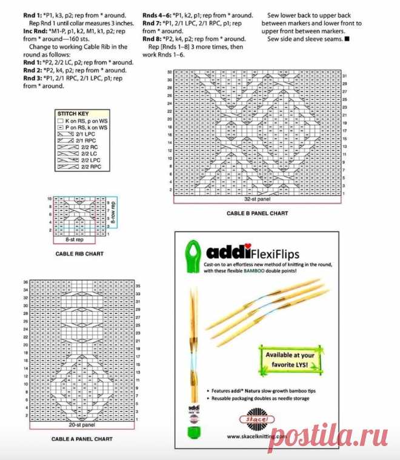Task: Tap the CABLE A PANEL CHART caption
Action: (x=81, y=439)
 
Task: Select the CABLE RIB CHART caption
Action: (x=79, y=253)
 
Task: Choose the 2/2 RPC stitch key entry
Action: (x=75, y=166)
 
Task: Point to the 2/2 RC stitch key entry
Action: (x=75, y=147)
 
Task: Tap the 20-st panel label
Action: (x=81, y=425)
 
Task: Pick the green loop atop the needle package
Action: (x=193, y=251)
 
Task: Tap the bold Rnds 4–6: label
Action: (x=157, y=15)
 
